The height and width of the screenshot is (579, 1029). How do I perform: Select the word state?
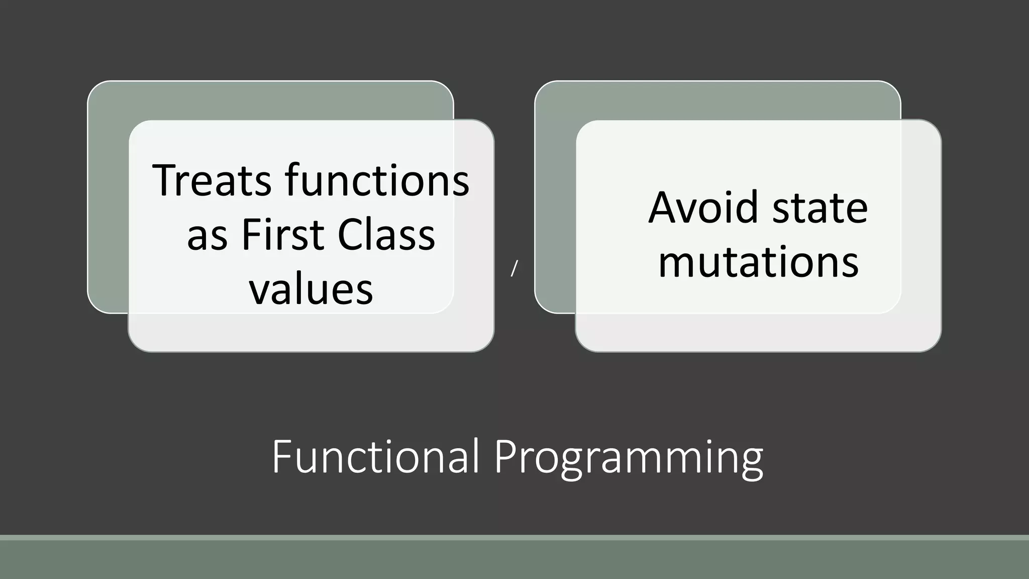pos(820,208)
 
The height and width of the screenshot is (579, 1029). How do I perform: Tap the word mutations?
pos(758,262)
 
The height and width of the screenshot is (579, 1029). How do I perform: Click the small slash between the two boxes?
pos(514,269)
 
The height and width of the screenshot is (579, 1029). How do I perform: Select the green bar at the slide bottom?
pos(514,558)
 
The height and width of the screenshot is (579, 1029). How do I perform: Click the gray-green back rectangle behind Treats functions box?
pos(108,201)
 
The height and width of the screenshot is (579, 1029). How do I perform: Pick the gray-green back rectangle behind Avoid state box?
pos(555,201)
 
